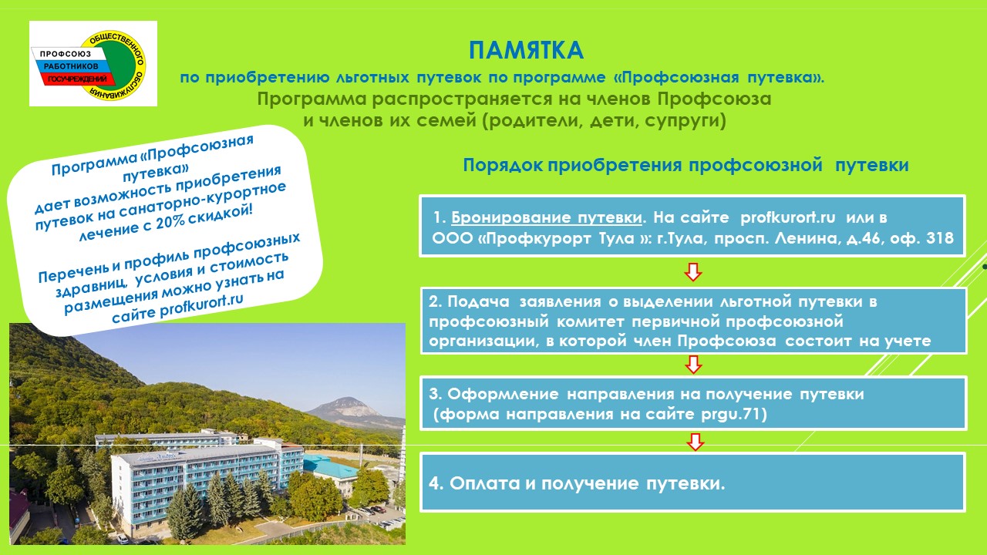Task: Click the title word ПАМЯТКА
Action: (x=526, y=50)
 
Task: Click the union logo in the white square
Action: (x=93, y=64)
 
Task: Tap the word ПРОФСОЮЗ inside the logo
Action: (x=66, y=54)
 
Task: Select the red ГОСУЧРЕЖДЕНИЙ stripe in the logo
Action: (x=78, y=79)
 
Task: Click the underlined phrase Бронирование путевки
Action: (x=547, y=217)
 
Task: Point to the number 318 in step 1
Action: (x=940, y=238)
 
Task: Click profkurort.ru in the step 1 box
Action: (x=788, y=217)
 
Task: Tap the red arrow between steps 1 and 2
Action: (x=693, y=272)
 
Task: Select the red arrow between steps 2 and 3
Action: (x=693, y=365)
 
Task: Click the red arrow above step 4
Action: (x=695, y=442)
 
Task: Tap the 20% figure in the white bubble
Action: (x=170, y=221)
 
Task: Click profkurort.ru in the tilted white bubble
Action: (x=201, y=305)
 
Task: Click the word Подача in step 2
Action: (x=478, y=301)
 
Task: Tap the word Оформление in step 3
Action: (x=503, y=394)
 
